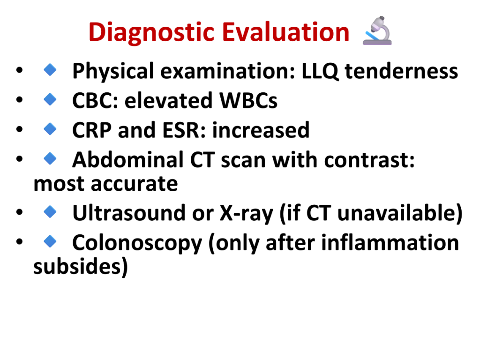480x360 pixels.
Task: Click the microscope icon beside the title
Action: pos(377,30)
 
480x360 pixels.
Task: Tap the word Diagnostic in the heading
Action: pos(151,32)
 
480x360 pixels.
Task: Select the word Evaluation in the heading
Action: pos(286,32)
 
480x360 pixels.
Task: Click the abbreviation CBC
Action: pos(93,100)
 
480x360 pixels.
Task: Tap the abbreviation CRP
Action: pos(92,130)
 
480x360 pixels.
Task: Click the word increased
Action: pos(261,130)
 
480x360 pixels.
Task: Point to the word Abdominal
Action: pos(127,159)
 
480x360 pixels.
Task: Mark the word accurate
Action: pos(134,184)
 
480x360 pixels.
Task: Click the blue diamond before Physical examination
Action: pos(50,69)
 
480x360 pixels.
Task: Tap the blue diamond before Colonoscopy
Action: pos(50,241)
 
